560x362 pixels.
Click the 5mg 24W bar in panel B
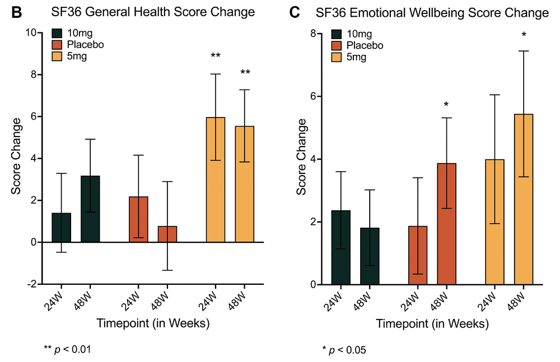click(x=216, y=180)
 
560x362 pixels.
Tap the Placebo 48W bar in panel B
click(x=167, y=234)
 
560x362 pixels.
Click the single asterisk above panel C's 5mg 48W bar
click(x=524, y=35)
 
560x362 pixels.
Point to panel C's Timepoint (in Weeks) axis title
click(x=432, y=323)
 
